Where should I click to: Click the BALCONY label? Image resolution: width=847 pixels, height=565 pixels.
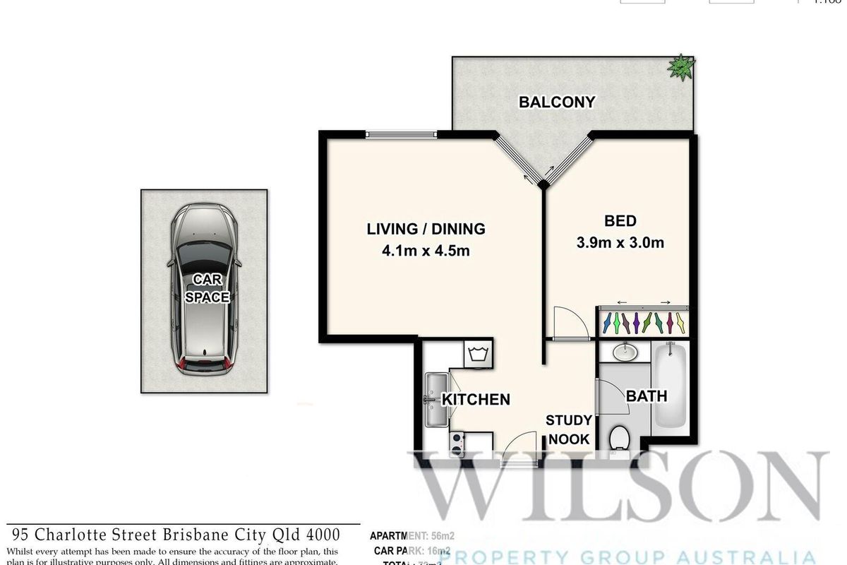pyautogui.click(x=557, y=102)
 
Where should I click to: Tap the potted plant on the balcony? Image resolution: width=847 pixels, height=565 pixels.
pyautogui.click(x=681, y=67)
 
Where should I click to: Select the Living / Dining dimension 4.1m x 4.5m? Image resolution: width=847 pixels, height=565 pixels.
pyautogui.click(x=426, y=251)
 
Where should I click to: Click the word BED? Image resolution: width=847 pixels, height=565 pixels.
pyautogui.click(x=621, y=220)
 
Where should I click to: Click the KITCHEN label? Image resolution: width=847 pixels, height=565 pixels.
pyautogui.click(x=476, y=400)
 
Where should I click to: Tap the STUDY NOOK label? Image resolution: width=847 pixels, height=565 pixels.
pyautogui.click(x=568, y=429)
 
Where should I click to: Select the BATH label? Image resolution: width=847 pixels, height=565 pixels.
pyautogui.click(x=647, y=396)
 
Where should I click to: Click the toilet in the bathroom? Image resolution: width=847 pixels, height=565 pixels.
pyautogui.click(x=620, y=438)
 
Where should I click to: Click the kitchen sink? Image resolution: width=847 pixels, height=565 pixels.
pyautogui.click(x=433, y=400)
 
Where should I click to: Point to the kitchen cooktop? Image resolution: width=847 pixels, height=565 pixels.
pyautogui.click(x=457, y=443)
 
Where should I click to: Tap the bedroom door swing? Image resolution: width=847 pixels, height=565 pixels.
pyautogui.click(x=569, y=323)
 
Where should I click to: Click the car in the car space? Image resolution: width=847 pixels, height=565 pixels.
pyautogui.click(x=203, y=288)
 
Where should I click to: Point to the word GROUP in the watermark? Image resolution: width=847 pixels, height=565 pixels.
pyautogui.click(x=576, y=557)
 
